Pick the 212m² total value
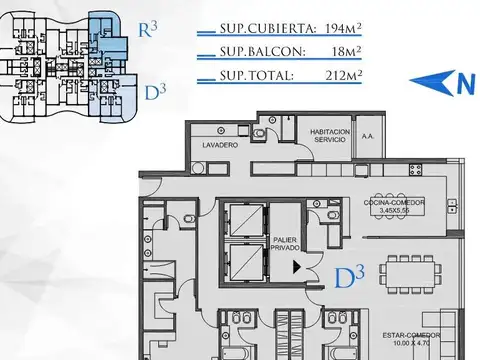pyautogui.click(x=340, y=75)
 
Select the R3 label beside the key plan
pyautogui.click(x=146, y=28)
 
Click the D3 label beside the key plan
pyautogui.click(x=154, y=93)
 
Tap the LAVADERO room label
pyautogui.click(x=218, y=145)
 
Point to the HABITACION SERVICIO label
pyautogui.click(x=329, y=135)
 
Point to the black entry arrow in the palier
pyautogui.click(x=296, y=264)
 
